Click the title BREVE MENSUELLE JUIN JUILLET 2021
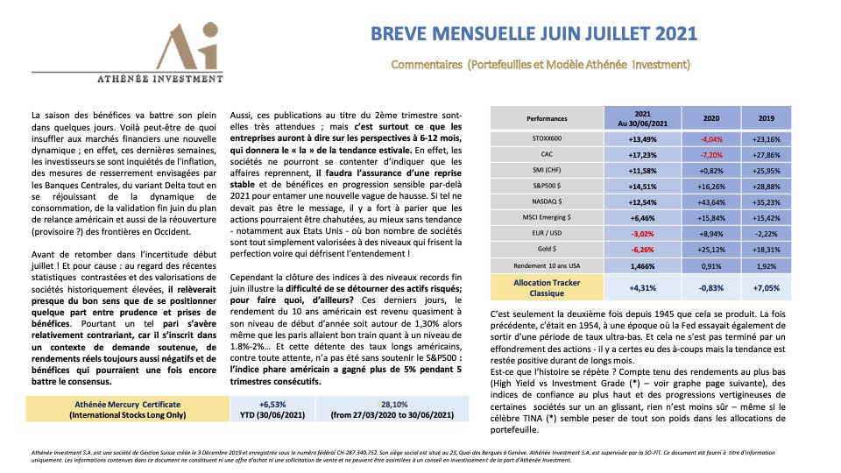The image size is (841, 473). (x=534, y=34)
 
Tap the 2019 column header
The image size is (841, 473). (x=766, y=118)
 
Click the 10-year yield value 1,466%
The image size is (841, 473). (x=642, y=265)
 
